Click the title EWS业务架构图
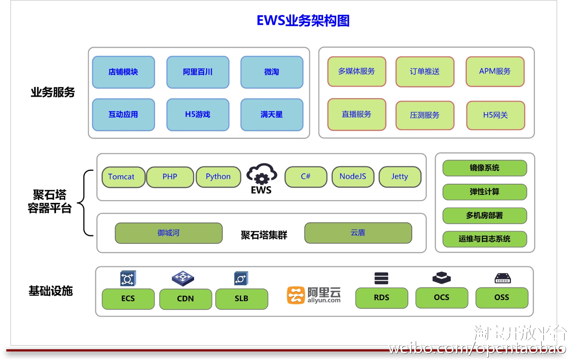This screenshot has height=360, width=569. coord(303,21)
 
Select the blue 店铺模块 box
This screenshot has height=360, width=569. coord(123,72)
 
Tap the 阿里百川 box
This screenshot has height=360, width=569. coord(198,72)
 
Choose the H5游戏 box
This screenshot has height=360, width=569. coord(198,115)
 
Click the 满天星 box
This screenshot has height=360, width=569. coord(272,115)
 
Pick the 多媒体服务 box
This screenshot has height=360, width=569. coord(357,71)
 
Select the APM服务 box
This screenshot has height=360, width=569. coord(495,71)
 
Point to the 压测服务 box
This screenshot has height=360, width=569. coord(425,115)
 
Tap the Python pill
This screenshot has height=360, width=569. coord(218,177)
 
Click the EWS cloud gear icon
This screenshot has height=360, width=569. coord(262,174)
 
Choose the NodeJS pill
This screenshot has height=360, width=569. coord(353,177)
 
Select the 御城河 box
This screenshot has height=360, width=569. coord(168,233)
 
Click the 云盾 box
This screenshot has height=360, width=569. coord(358,233)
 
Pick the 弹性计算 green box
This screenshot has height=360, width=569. coord(485,192)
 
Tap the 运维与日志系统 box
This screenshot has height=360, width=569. coord(485,239)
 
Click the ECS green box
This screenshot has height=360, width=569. coord(128,299)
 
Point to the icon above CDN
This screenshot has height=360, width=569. coord(183,278)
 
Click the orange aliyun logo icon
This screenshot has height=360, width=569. coord(295,295)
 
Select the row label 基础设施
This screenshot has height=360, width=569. coord(51,291)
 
